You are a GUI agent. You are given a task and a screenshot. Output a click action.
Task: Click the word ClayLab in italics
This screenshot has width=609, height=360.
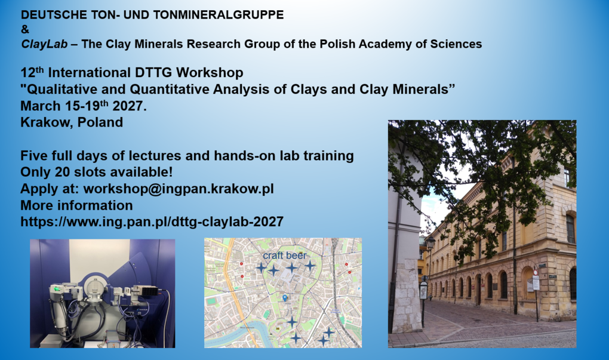click(x=44, y=44)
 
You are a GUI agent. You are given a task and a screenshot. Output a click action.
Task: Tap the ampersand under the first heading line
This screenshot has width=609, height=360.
click(x=25, y=29)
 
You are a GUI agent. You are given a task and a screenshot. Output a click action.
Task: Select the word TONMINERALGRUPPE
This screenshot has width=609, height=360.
click(x=219, y=15)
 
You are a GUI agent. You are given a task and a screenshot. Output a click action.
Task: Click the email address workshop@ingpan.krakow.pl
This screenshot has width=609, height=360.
click(x=179, y=189)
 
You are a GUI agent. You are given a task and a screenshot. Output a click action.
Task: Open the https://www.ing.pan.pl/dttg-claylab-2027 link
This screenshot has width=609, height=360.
click(x=152, y=221)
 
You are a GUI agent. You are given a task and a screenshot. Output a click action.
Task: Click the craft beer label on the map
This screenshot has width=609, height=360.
click(x=285, y=256)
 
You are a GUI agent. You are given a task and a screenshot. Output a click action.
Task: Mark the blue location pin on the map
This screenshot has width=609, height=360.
click(x=285, y=298)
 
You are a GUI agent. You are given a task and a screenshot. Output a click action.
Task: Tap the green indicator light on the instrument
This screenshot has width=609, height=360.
click(x=57, y=288)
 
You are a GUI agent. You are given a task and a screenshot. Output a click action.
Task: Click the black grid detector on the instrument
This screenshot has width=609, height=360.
click(x=150, y=291)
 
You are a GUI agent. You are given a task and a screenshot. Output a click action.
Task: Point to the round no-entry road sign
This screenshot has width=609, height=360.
click(x=536, y=273)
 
